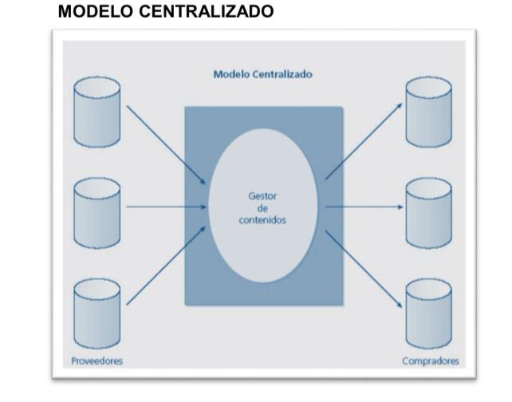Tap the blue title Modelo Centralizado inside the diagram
[x=262, y=74]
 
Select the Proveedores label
[x=97, y=361]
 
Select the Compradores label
[x=430, y=361]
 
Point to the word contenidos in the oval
[x=262, y=219]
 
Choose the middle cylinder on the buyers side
[x=428, y=211]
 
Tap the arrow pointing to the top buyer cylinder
[x=363, y=141]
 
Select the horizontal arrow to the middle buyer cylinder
[x=364, y=207]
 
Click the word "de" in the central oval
[x=262, y=207]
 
